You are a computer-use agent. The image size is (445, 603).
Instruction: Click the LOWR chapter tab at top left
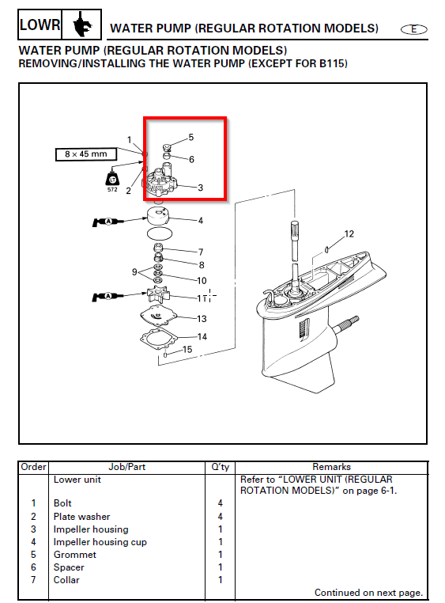(40, 25)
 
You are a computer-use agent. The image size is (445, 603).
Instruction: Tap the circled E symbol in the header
(413, 29)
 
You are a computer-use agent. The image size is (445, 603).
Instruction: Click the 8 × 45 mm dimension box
(86, 154)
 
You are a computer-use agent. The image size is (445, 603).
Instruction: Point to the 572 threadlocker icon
(112, 180)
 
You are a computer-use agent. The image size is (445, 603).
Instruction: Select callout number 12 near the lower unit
(349, 233)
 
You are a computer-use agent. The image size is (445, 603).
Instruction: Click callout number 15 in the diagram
(187, 349)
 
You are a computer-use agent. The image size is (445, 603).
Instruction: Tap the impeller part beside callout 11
(157, 294)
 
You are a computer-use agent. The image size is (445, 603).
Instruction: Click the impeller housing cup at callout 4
(159, 218)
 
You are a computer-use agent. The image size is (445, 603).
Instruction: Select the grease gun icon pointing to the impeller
(107, 297)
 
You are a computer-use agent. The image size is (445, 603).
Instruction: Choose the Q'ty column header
(220, 467)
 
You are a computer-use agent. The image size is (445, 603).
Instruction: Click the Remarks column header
(331, 467)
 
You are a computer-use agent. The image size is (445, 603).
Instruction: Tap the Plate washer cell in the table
(81, 517)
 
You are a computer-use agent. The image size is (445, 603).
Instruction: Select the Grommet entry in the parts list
(75, 555)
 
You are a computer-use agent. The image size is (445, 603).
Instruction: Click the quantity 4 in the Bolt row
(220, 503)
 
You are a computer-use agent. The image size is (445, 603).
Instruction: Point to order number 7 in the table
(33, 579)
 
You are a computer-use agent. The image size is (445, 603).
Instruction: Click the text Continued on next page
(368, 593)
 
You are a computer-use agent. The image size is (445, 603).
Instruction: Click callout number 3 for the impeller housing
(201, 188)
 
